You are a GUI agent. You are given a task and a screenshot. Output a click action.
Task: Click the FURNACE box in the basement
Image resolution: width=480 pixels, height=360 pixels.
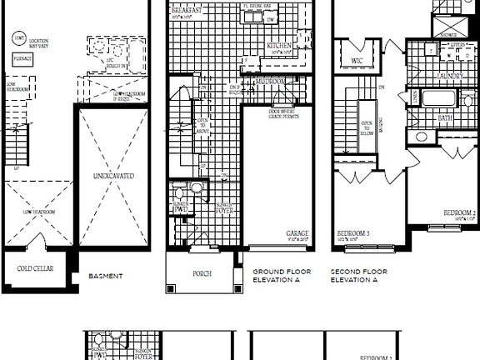22,59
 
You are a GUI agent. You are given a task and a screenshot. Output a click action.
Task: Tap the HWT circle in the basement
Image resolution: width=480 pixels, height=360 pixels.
18,37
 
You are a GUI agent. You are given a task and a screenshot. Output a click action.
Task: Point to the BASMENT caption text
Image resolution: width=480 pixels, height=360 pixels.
106,276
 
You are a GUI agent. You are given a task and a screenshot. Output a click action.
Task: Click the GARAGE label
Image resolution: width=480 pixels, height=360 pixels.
298,233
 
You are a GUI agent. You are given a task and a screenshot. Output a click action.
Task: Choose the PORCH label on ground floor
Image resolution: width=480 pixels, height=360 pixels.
202,272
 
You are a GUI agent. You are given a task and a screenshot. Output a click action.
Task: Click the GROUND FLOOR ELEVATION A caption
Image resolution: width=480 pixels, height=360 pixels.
283,276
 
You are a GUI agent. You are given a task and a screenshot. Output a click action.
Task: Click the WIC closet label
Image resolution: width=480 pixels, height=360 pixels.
357,61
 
